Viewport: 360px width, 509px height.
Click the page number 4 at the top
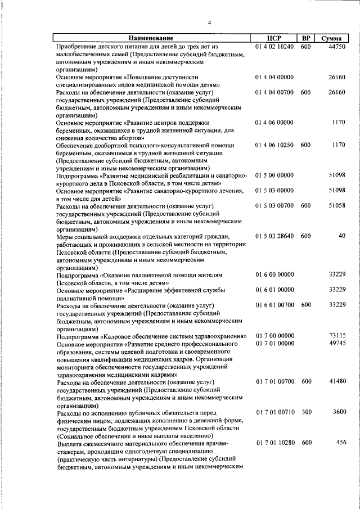point(209,22)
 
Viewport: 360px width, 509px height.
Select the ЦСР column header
point(275,38)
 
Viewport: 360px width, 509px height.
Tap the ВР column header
point(306,38)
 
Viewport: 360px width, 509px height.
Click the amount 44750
point(336,47)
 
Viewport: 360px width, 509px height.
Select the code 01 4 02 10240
point(274,47)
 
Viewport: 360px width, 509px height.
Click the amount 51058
point(336,206)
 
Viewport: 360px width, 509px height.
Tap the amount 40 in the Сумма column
point(341,236)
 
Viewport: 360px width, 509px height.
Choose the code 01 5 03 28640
point(274,236)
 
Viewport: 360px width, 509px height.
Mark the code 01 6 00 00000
point(274,274)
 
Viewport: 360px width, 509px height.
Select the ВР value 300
point(306,412)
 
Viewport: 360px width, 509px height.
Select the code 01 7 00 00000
point(274,336)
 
